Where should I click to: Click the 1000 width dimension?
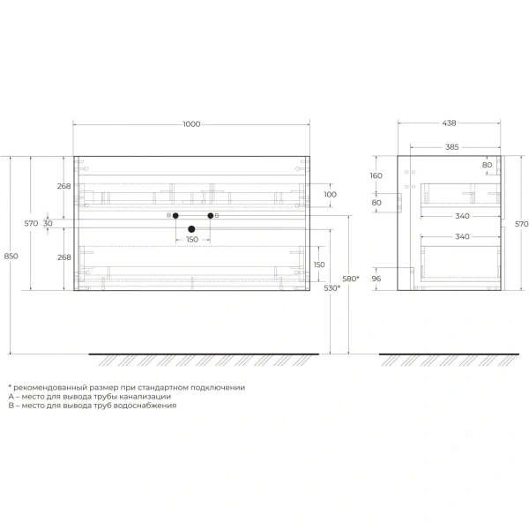click(x=191, y=124)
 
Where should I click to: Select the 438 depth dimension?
click(x=449, y=123)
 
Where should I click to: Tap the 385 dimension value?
click(x=452, y=147)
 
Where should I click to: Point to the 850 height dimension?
click(x=11, y=256)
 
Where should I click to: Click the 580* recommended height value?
click(x=351, y=279)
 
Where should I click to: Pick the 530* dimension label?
click(x=332, y=287)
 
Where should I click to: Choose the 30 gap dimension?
click(x=48, y=223)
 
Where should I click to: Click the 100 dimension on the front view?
click(x=330, y=194)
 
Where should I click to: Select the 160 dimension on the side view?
click(x=376, y=175)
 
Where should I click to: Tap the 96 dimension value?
click(x=376, y=279)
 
